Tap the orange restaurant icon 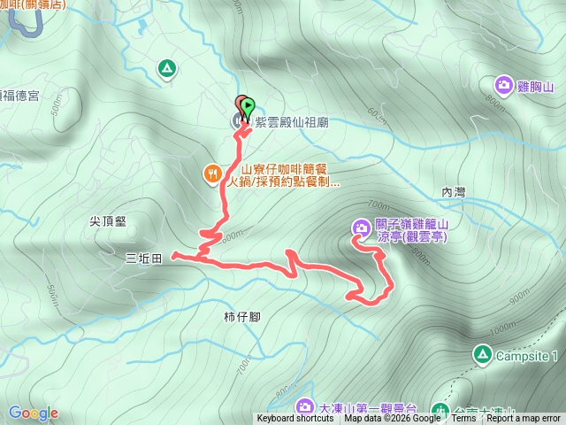tap(212, 174)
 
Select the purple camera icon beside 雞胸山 tap(503, 85)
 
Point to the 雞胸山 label tap(535, 86)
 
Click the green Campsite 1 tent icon tap(482, 356)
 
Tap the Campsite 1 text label tap(527, 357)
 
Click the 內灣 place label tap(453, 192)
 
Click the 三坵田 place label tap(143, 259)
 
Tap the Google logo tap(33, 413)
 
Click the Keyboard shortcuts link tap(295, 419)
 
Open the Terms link tap(463, 419)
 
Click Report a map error tap(524, 419)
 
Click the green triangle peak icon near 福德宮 tap(166, 67)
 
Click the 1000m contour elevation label tap(501, 328)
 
